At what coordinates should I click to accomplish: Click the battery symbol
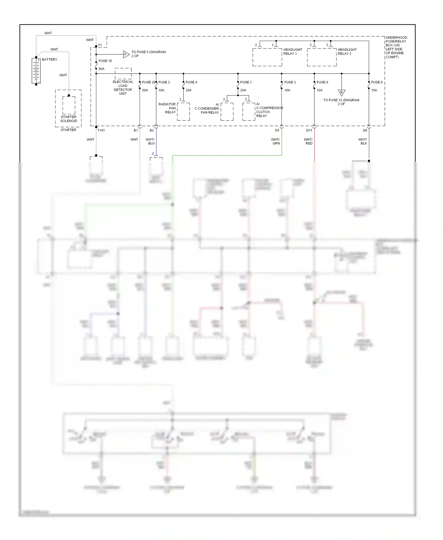pyautogui.click(x=36, y=71)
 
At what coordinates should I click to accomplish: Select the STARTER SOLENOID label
pyautogui.click(x=69, y=119)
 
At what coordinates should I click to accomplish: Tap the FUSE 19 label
pyautogui.click(x=105, y=61)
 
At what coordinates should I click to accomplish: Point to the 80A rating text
pyautogui.click(x=101, y=69)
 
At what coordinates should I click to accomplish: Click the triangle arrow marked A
pyautogui.click(x=126, y=54)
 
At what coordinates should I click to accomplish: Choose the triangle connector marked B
pyautogui.click(x=341, y=92)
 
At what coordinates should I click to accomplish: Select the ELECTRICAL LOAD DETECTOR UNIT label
pyautogui.click(x=123, y=88)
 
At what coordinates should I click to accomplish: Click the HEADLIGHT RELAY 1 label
pyautogui.click(x=293, y=52)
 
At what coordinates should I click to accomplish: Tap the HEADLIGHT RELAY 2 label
pyautogui.click(x=347, y=52)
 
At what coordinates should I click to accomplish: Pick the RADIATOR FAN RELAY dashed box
pyautogui.click(x=183, y=112)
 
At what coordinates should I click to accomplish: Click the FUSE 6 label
pyautogui.click(x=377, y=82)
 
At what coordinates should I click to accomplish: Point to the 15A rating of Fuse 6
pyautogui.click(x=374, y=90)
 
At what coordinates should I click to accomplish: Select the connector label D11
pyautogui.click(x=309, y=130)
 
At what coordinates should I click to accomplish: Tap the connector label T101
pyautogui.click(x=101, y=130)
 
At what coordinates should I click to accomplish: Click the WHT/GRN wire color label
pyautogui.click(x=276, y=141)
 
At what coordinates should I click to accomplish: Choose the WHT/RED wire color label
pyautogui.click(x=308, y=141)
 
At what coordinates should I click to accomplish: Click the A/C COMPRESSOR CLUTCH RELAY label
pyautogui.click(x=269, y=110)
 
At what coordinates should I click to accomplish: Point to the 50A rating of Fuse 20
pyautogui.click(x=145, y=90)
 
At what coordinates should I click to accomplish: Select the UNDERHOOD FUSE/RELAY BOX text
pyautogui.click(x=396, y=47)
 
